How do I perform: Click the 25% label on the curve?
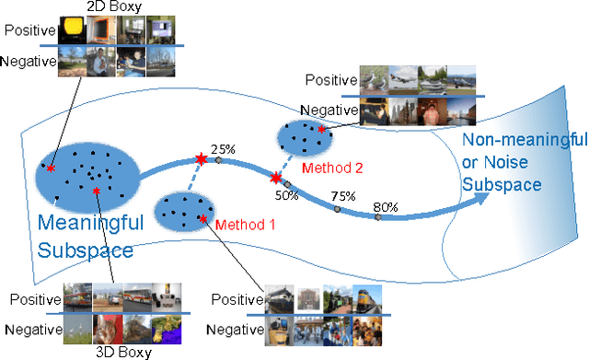pos(224,148)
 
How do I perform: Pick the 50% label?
pos(286,193)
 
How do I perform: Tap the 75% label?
pos(343,196)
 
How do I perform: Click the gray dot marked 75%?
pos(337,210)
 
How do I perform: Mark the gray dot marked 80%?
pos(377,217)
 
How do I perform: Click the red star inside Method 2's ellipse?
pos(321,130)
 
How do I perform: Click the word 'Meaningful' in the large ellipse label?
pos(89,222)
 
